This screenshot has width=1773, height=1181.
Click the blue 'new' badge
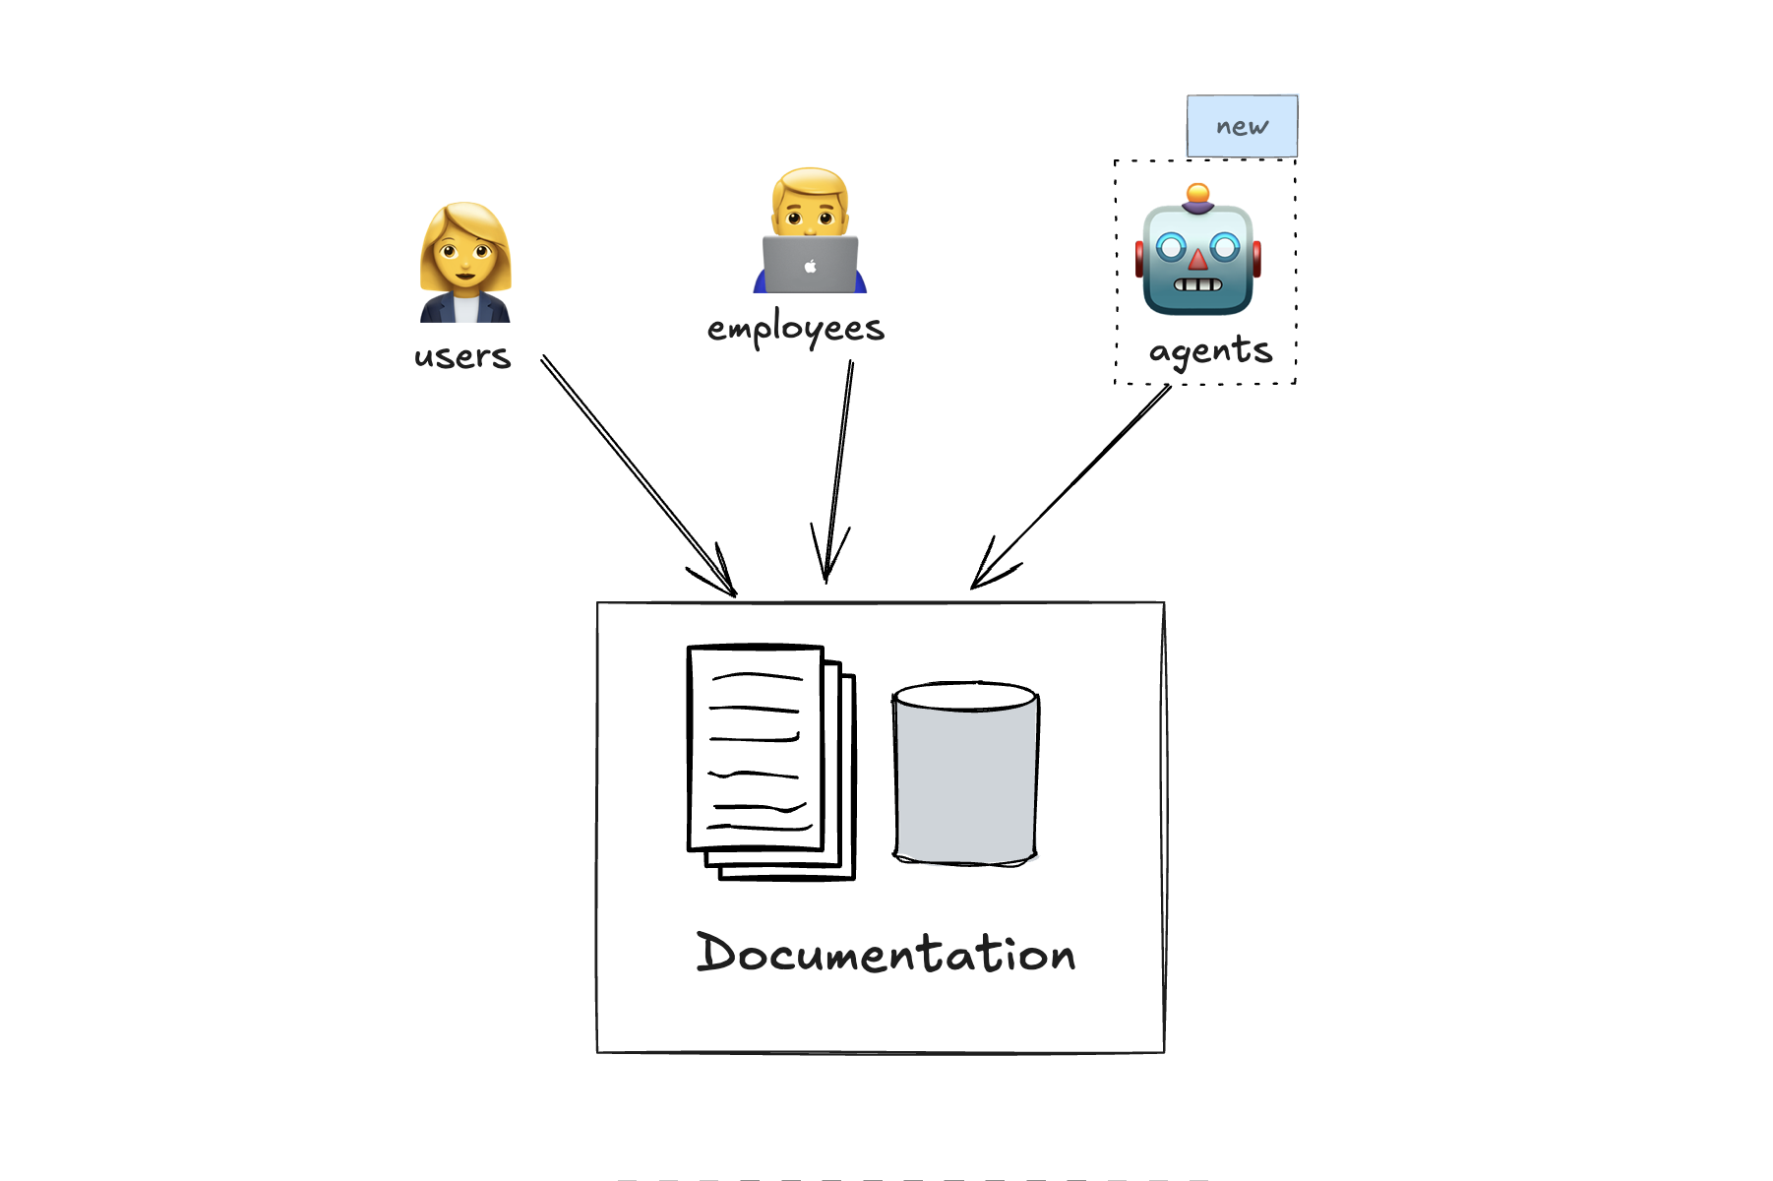tap(1242, 126)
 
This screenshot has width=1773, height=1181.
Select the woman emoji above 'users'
tap(464, 262)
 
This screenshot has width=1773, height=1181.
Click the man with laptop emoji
tap(810, 232)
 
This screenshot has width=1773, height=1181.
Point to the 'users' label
tap(462, 356)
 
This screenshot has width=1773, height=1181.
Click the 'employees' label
tap(795, 329)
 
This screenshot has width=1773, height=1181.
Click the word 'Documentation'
tap(886, 954)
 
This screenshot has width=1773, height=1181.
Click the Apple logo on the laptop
tap(810, 266)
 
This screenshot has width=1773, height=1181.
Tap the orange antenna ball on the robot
tap(1197, 193)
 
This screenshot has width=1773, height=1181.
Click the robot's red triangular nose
tap(1197, 261)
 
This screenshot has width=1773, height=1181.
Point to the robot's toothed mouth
tap(1197, 285)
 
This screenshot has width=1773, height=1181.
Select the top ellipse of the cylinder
tap(965, 696)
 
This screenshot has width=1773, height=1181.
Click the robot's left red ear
tap(1139, 259)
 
